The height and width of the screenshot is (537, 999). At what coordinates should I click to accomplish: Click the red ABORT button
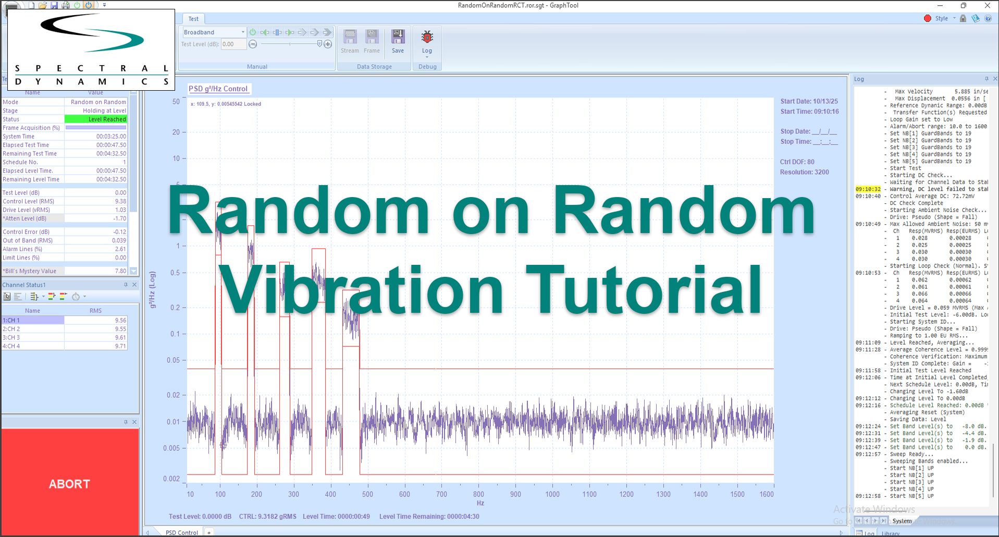70,483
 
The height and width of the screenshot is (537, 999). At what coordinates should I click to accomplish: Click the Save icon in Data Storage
398,41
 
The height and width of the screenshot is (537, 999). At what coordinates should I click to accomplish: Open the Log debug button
427,42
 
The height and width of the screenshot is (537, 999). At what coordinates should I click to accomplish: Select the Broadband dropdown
214,32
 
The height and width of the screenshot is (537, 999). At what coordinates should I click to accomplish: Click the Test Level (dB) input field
233,44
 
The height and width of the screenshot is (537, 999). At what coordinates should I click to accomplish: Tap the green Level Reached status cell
95,119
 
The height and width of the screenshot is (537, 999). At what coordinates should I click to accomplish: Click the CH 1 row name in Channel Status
32,320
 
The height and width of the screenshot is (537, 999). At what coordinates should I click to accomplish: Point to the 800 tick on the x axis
478,494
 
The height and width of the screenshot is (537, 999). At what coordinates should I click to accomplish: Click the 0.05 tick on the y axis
174,360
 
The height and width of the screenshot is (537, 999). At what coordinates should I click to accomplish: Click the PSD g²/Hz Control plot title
218,89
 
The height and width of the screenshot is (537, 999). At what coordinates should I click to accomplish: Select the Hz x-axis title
480,503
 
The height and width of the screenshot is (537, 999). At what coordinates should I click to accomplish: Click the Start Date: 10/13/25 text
809,101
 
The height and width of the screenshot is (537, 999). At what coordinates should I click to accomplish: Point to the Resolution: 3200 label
804,172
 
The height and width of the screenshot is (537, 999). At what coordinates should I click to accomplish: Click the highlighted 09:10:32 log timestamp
868,189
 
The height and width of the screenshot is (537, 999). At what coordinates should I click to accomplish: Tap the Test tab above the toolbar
193,19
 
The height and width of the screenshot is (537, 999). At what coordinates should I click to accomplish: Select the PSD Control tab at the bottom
181,532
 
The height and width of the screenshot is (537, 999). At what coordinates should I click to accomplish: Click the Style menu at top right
941,18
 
